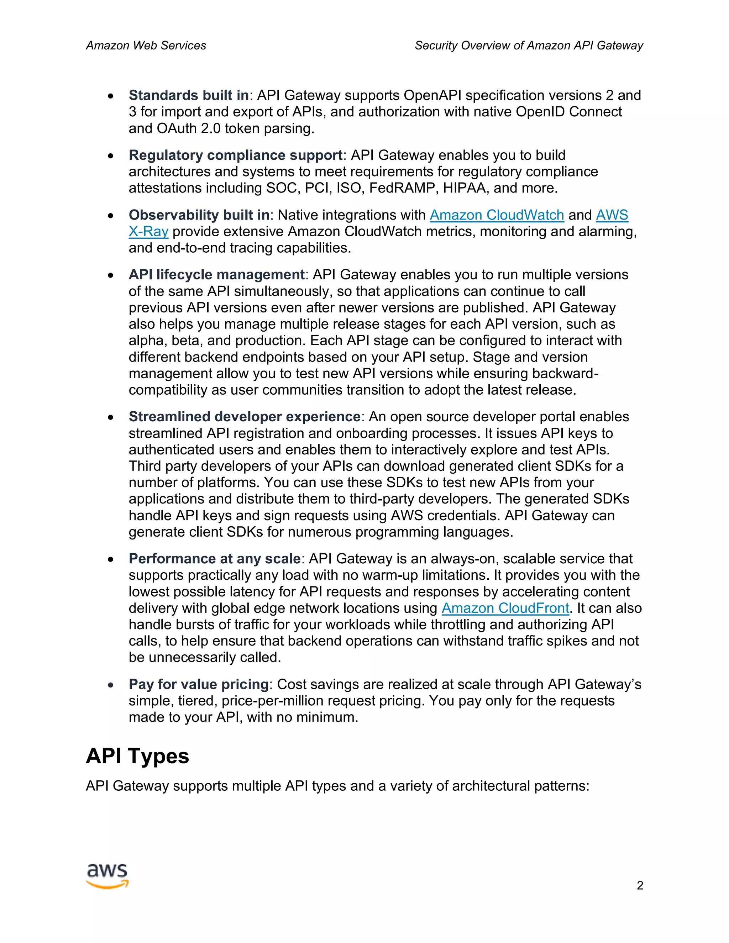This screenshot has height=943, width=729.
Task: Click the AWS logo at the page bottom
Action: pos(107,876)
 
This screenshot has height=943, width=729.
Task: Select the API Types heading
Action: pos(137,755)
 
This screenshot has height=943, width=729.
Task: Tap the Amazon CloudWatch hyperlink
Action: pos(497,215)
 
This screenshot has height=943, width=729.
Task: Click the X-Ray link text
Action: pos(148,231)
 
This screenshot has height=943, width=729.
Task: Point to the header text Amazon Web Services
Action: pos(146,45)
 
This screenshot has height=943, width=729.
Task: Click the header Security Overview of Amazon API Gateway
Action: pos(529,45)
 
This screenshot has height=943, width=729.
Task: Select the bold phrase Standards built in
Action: pos(189,95)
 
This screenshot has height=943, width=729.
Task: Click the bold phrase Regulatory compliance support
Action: pos(235,155)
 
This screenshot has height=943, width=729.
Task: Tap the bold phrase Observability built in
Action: pos(199,215)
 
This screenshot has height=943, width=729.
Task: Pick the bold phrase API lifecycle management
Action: pos(217,275)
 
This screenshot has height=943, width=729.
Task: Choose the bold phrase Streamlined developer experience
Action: pos(245,417)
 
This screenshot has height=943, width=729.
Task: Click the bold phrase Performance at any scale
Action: pos(215,559)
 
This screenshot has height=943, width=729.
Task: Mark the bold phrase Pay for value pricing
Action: pos(199,684)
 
